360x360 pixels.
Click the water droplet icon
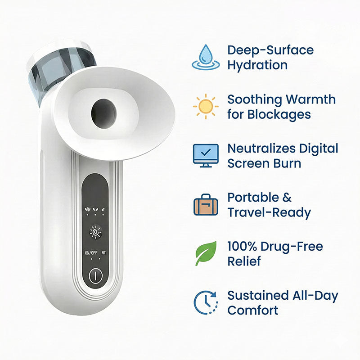click(206, 57)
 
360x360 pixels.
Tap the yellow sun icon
click(206, 106)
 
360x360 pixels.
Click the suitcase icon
click(206, 205)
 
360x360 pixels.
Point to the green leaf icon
click(206, 253)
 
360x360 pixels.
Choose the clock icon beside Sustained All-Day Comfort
click(206, 302)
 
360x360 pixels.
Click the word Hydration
click(257, 65)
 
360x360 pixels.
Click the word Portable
click(252, 198)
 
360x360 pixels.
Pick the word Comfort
click(253, 310)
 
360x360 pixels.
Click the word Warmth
click(310, 99)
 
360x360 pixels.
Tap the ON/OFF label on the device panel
click(91, 253)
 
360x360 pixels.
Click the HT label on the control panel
click(104, 252)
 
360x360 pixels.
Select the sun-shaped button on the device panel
click(95, 232)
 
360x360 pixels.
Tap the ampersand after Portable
click(286, 198)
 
